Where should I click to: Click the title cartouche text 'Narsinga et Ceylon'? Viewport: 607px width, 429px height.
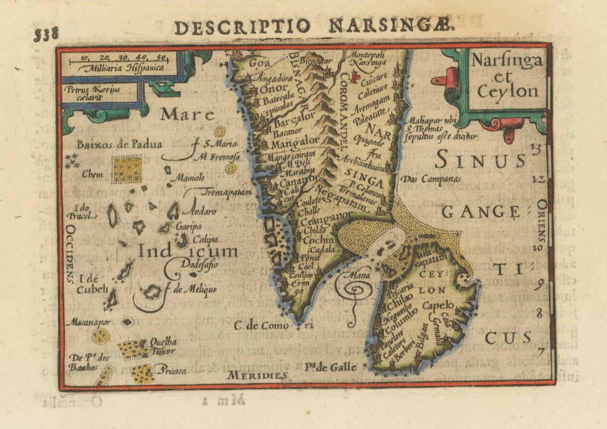pos(507,76)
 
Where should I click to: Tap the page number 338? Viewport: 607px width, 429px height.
pos(46,34)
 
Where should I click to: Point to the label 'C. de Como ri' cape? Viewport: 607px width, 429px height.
pos(277,326)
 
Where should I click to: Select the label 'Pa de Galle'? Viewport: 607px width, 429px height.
pos(331,367)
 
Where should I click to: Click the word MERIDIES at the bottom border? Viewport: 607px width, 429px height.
pos(257,375)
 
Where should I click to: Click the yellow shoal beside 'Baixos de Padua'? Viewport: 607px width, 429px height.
pos(126,169)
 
